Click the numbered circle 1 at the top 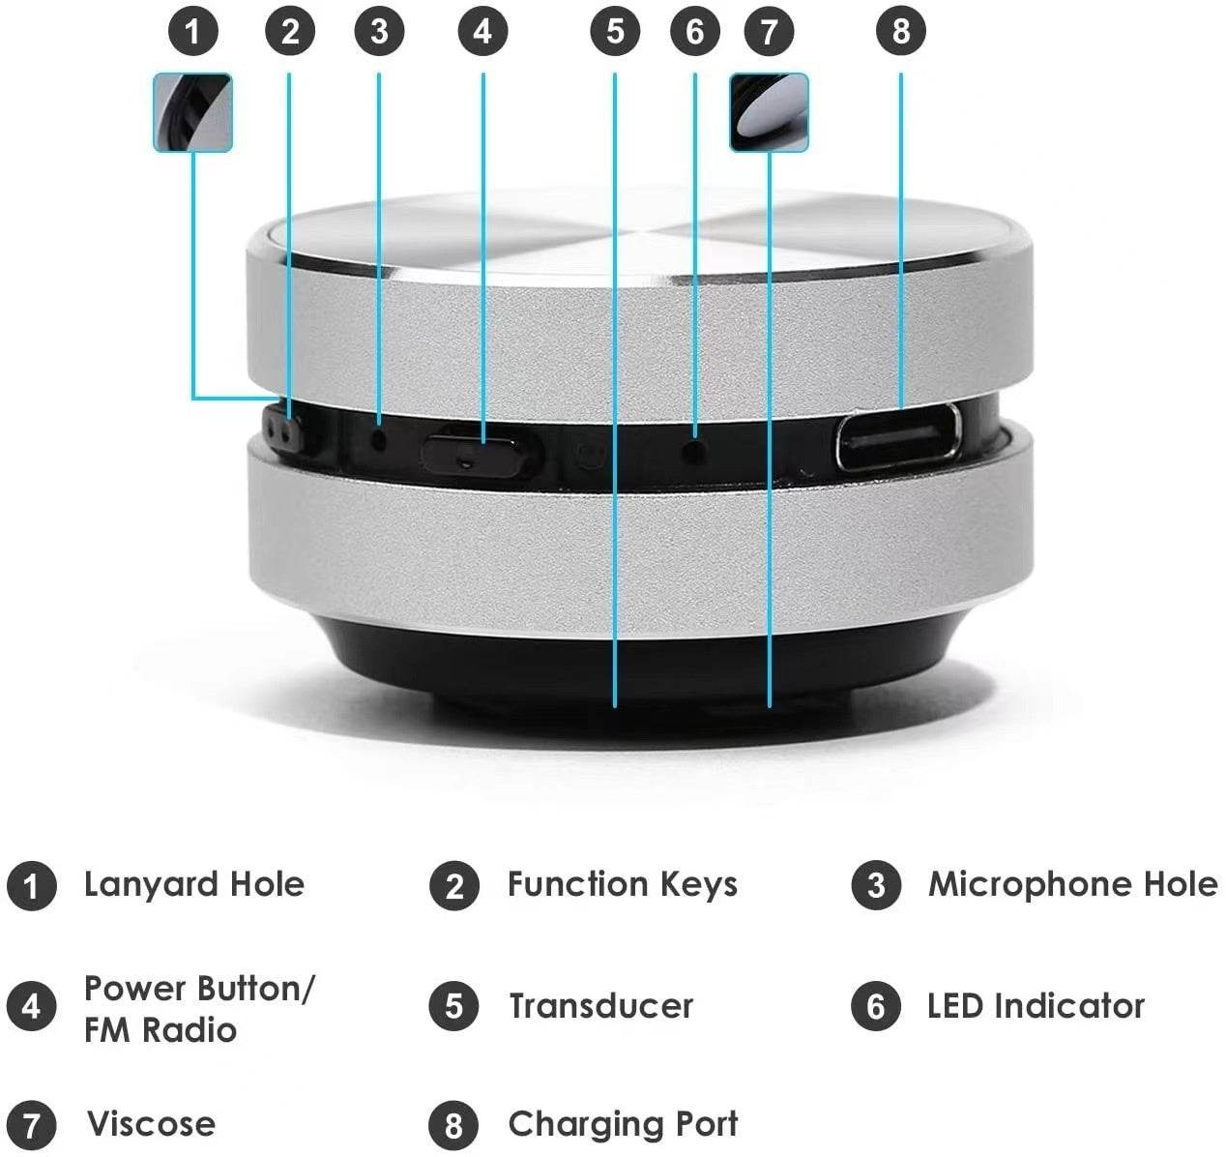click(x=193, y=32)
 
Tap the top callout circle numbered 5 click(x=615, y=32)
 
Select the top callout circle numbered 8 click(x=900, y=32)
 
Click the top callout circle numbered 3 click(x=379, y=32)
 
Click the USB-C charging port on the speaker click(x=898, y=437)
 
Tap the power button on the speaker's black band click(x=466, y=450)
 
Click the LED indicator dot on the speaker click(x=694, y=449)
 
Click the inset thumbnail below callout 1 click(x=193, y=112)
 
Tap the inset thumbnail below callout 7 click(x=769, y=112)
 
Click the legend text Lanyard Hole click(x=193, y=884)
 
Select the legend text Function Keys click(x=622, y=884)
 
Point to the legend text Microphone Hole click(x=1072, y=884)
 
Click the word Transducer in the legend click(x=600, y=1006)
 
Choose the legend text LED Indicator click(x=1036, y=1006)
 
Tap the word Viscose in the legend click(x=151, y=1124)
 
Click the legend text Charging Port click(x=623, y=1124)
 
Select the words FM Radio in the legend click(x=160, y=1030)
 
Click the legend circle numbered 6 click(x=876, y=1006)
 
